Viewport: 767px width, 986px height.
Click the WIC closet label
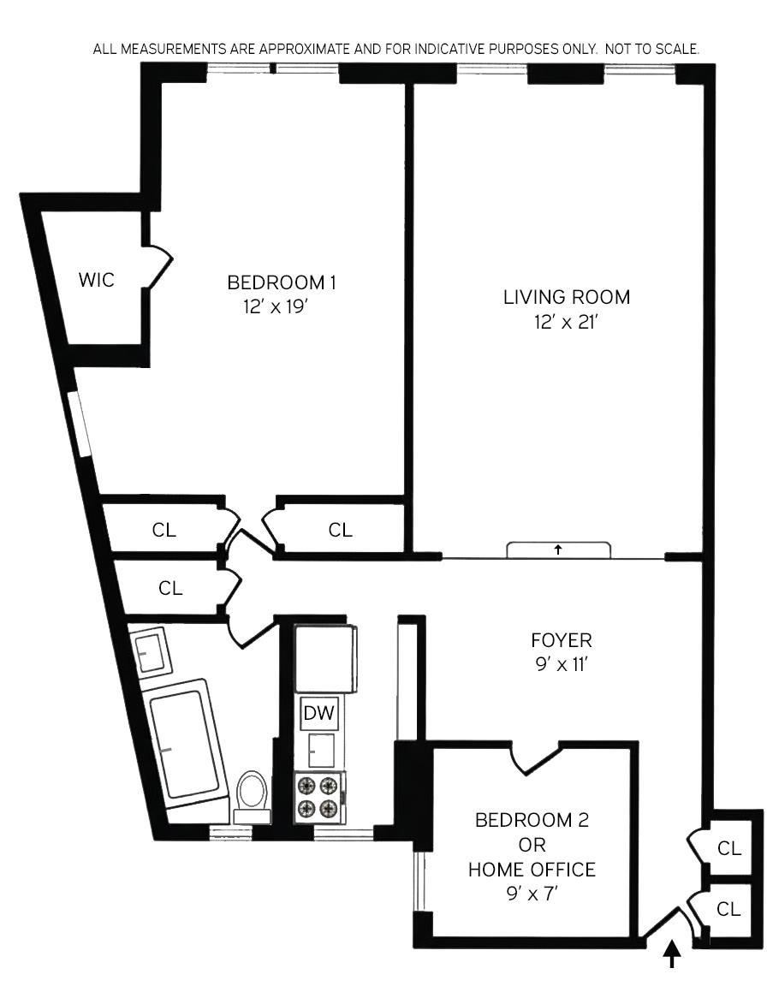(96, 279)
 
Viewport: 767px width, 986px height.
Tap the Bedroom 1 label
(282, 282)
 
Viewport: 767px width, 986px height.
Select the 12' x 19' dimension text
(275, 307)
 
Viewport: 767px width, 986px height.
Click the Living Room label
(567, 297)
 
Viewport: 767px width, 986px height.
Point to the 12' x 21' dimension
(565, 322)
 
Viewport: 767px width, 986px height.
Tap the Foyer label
(562, 640)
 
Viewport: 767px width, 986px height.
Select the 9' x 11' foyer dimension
(562, 664)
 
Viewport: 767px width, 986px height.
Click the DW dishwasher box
(319, 713)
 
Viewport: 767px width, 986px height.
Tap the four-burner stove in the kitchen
(318, 796)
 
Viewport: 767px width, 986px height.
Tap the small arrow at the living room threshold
(557, 549)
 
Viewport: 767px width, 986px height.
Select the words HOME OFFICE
(532, 869)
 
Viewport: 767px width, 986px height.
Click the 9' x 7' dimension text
(532, 894)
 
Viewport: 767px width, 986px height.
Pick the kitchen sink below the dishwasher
(321, 750)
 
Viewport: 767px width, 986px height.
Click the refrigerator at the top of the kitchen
(325, 657)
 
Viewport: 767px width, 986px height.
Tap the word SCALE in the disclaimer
(676, 49)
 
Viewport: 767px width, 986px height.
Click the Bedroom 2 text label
(532, 820)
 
